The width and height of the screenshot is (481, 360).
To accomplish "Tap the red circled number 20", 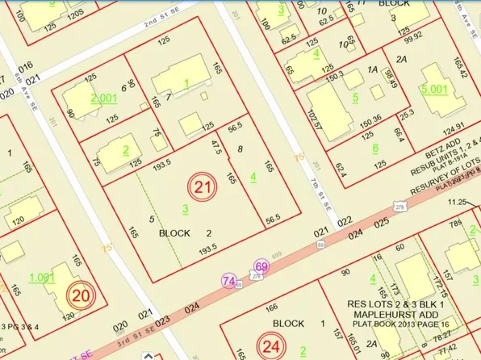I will (81, 295).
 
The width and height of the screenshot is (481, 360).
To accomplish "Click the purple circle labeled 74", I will (230, 281).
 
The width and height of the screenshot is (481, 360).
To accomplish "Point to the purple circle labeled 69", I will (261, 266).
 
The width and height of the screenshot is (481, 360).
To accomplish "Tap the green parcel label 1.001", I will (41, 277).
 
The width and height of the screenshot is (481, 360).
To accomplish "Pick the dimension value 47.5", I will (215, 149).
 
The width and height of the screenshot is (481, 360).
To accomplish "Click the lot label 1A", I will (372, 70).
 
